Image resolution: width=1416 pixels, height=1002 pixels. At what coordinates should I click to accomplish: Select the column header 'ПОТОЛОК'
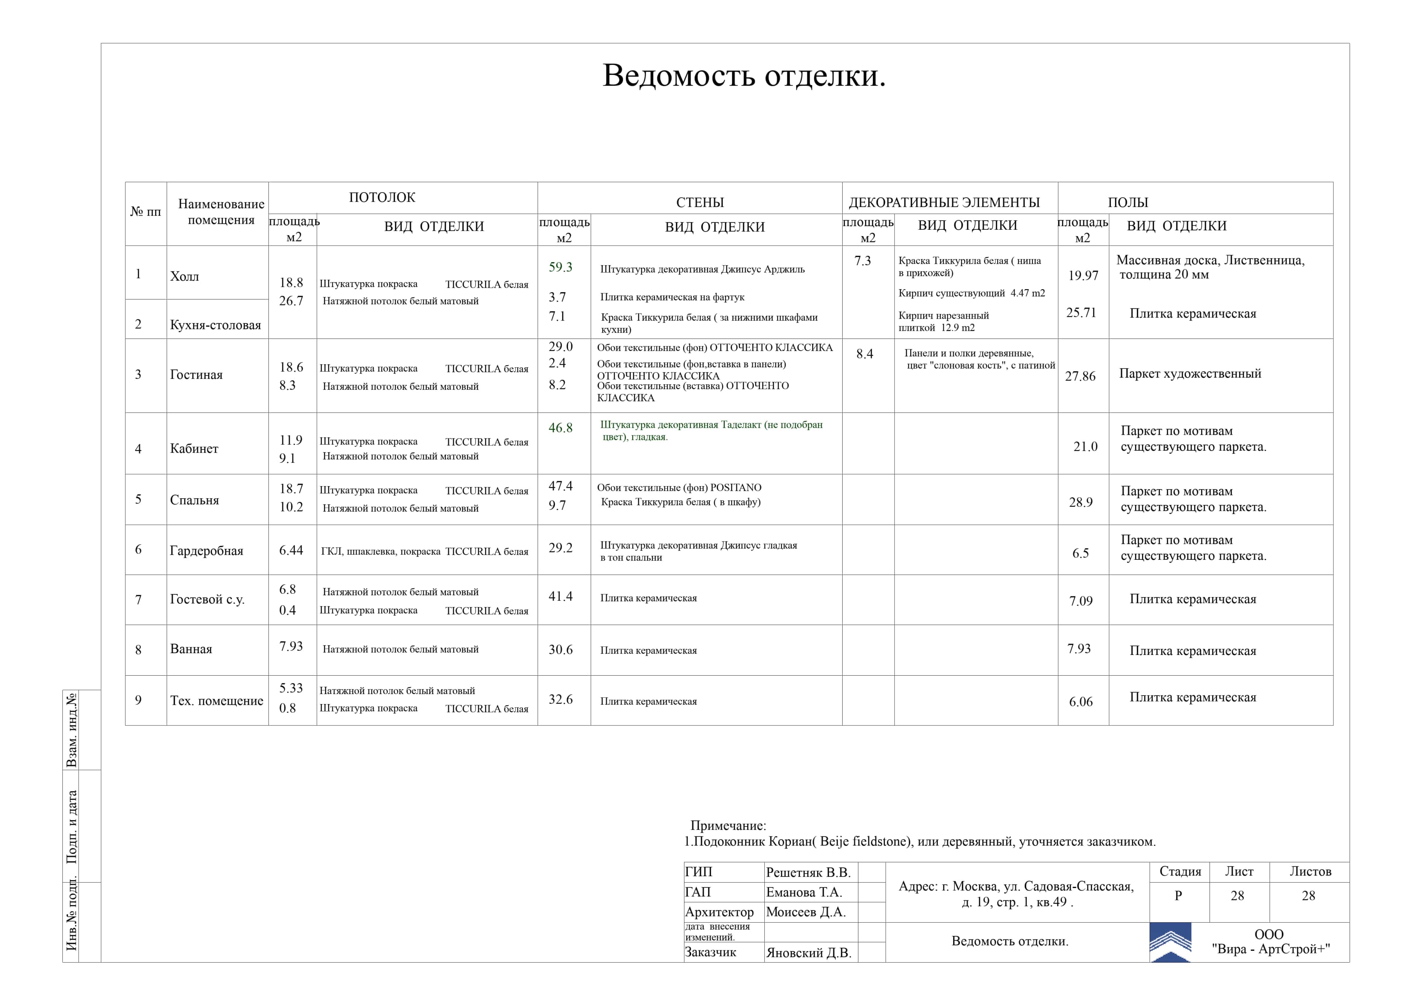[x=382, y=197]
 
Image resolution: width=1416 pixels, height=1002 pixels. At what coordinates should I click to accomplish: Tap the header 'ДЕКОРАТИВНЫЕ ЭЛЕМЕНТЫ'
[x=944, y=202]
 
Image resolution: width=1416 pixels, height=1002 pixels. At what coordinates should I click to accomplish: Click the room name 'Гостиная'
[x=196, y=375]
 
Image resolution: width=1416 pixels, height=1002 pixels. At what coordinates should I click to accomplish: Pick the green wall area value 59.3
[x=560, y=267]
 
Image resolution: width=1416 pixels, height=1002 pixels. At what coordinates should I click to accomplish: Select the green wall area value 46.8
[x=560, y=427]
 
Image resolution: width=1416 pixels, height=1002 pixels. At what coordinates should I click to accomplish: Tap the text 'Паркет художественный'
[x=1190, y=373]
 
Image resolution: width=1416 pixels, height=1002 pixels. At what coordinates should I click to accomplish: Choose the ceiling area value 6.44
[x=291, y=550]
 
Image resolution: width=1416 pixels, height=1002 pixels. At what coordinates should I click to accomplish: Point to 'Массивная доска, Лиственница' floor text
[x=1210, y=260]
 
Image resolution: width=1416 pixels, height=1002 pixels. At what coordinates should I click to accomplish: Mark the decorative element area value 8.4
[x=864, y=354]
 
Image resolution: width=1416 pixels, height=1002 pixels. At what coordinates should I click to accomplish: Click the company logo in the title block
[x=1170, y=943]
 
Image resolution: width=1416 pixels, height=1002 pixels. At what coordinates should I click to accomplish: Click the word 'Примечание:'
[x=728, y=826]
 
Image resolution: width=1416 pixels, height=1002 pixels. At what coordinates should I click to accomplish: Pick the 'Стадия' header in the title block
[x=1180, y=871]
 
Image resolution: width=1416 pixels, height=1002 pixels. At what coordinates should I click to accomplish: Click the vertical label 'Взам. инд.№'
[x=72, y=729]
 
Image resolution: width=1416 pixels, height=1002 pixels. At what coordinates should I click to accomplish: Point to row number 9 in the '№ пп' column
[x=138, y=700]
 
